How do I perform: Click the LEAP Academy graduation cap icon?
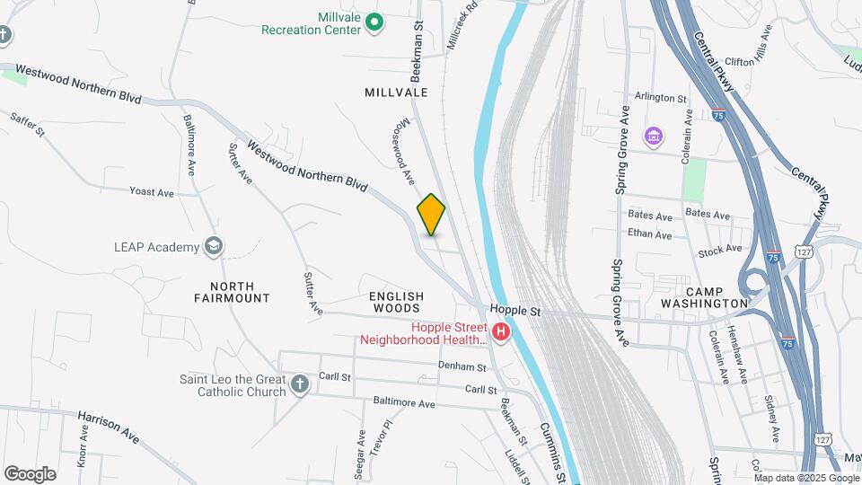(x=213, y=246)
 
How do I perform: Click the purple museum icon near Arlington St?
(x=653, y=137)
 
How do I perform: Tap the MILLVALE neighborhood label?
(x=396, y=93)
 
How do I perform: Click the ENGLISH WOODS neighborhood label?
(x=396, y=302)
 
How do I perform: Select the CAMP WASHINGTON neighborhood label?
(x=717, y=297)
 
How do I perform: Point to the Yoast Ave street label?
(x=152, y=192)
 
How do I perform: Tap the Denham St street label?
(x=462, y=366)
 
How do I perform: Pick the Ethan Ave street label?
(x=650, y=235)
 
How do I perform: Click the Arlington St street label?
(x=660, y=98)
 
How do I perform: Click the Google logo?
(x=30, y=473)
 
